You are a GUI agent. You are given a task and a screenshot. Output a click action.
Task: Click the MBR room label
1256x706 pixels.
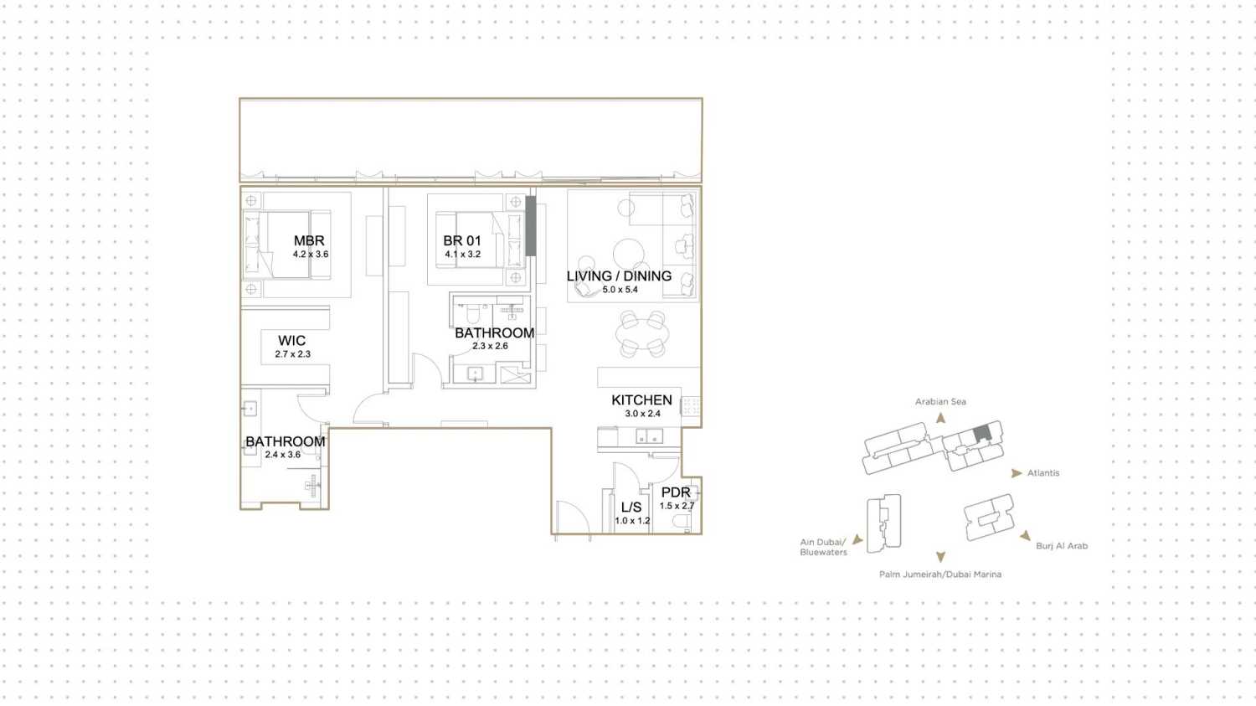[x=309, y=240]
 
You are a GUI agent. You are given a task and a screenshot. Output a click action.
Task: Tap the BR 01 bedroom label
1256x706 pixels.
[x=462, y=240]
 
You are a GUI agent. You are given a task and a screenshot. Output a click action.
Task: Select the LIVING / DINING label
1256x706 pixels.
[x=619, y=276]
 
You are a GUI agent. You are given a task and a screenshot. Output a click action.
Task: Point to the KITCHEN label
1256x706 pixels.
[x=641, y=399]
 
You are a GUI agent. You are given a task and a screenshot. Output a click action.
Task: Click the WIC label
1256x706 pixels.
[x=291, y=340]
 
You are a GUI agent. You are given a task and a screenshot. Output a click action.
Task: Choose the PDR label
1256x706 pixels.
[x=676, y=492]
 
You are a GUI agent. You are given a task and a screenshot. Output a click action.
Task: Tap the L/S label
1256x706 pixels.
[x=631, y=507]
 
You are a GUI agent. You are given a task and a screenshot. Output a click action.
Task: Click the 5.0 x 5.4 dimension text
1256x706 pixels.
[x=620, y=290]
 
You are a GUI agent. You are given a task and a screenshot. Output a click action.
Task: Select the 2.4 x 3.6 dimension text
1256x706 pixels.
[x=283, y=455]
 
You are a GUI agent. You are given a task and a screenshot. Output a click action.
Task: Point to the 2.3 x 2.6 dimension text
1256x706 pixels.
[x=490, y=346]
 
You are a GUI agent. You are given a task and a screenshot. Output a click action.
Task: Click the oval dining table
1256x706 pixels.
[x=642, y=334]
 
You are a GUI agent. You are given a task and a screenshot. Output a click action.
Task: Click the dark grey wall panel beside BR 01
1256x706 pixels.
[x=530, y=226]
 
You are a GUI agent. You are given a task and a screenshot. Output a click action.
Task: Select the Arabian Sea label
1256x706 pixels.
[x=940, y=401]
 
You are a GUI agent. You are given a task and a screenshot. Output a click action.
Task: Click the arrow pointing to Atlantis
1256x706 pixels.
[x=1016, y=473]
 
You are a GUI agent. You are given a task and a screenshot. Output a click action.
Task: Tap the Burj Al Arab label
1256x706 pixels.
[x=1062, y=546]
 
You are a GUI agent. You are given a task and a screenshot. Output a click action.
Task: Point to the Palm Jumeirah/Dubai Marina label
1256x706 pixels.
[x=939, y=575]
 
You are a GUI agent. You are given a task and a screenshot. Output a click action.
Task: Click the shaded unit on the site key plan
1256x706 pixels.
[x=982, y=434]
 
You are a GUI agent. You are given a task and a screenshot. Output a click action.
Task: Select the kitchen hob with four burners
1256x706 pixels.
[x=691, y=406]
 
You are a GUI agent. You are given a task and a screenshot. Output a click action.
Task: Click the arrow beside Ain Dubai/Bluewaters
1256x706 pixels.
[x=857, y=539]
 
